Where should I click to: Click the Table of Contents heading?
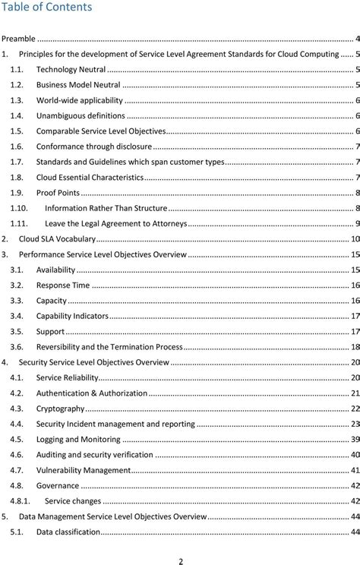(x=46, y=8)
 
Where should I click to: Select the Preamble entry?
(x=19, y=38)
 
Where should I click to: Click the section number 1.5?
(x=16, y=131)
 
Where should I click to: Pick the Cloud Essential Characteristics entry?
(x=90, y=177)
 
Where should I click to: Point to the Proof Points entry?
(x=58, y=192)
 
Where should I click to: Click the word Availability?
(x=55, y=270)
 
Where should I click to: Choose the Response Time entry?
(x=63, y=285)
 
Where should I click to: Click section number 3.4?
(x=16, y=316)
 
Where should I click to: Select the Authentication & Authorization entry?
(x=92, y=393)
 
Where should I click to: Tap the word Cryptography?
(x=62, y=409)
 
